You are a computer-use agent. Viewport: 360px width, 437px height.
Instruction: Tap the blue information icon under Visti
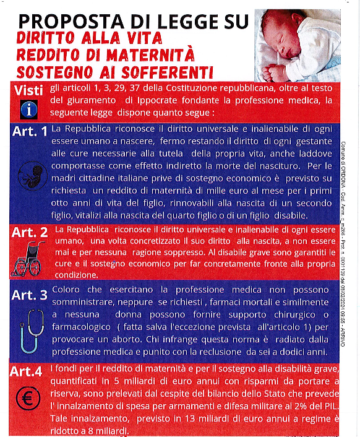click(x=28, y=110)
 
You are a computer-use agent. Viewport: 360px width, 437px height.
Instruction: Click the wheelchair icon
click(x=28, y=258)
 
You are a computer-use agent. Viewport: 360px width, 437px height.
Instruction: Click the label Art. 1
click(x=30, y=131)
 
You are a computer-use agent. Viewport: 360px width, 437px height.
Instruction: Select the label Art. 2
click(x=30, y=233)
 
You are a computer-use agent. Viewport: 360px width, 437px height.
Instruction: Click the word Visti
click(x=28, y=90)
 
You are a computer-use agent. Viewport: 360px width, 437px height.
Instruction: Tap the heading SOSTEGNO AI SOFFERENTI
click(x=115, y=70)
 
